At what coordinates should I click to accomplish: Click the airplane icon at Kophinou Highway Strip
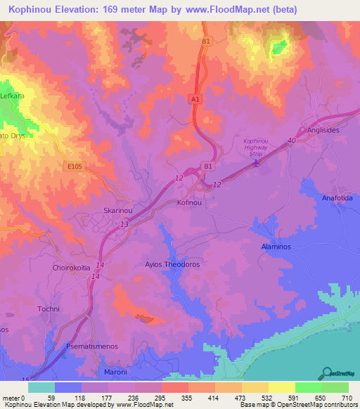point(257,164)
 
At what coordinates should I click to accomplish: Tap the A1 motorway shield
point(196,100)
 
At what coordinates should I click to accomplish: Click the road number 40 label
point(290,142)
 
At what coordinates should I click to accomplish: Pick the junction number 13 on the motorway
point(124,223)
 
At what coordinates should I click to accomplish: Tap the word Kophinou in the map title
point(41,10)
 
